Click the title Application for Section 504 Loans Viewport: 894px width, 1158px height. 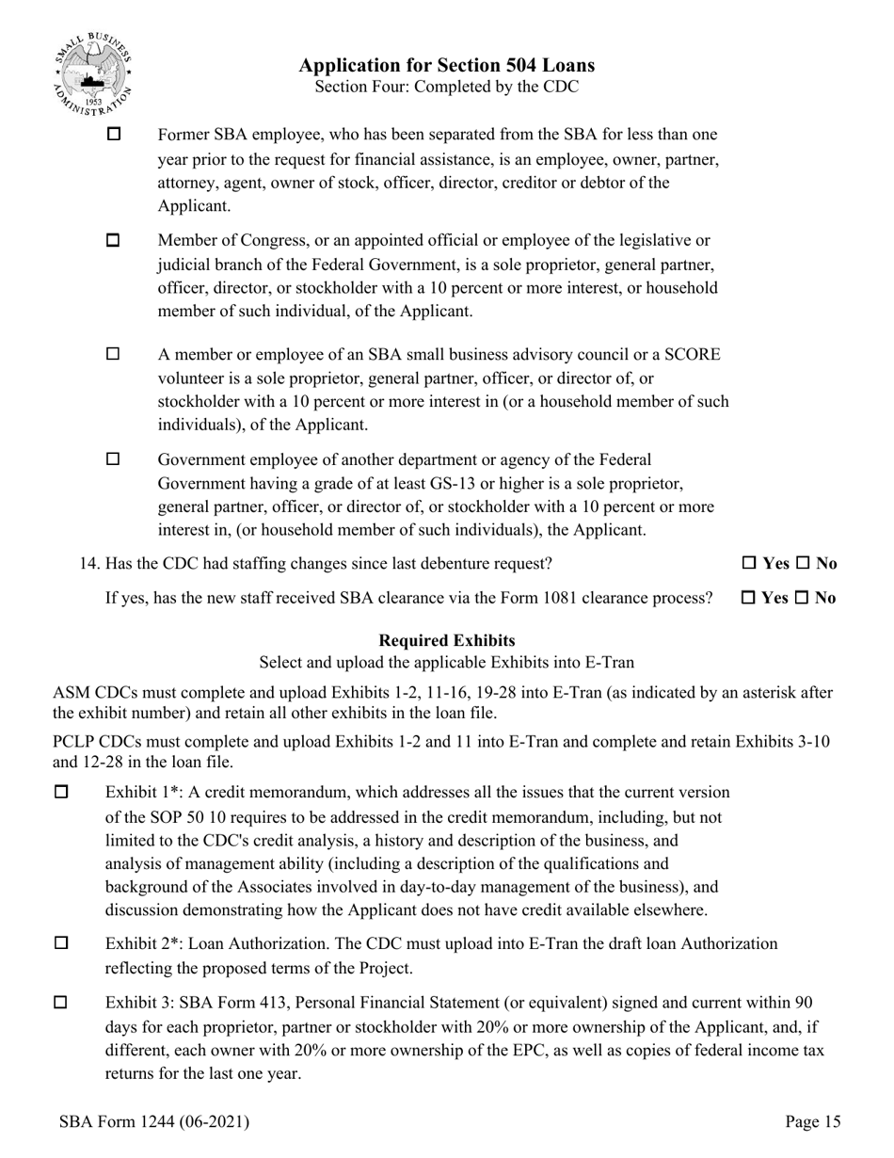446,65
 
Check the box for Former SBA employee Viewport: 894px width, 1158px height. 114,135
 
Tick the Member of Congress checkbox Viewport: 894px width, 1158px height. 114,240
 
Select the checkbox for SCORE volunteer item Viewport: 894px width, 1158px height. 114,355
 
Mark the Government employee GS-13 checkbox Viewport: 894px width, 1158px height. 114,459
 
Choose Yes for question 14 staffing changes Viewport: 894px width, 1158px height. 749,564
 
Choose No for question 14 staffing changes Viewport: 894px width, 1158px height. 803,564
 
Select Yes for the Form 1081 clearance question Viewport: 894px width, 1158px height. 749,598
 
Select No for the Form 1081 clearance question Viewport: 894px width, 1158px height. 803,598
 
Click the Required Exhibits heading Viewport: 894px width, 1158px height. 446,641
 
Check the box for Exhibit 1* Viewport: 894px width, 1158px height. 62,793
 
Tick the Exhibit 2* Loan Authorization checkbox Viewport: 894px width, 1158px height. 62,943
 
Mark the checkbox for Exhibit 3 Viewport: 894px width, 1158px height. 62,1003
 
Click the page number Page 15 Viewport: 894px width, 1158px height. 812,1121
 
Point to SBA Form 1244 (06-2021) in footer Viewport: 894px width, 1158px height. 153,1121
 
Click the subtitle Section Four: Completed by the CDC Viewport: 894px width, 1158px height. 446,87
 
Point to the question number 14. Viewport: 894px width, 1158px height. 89,564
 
